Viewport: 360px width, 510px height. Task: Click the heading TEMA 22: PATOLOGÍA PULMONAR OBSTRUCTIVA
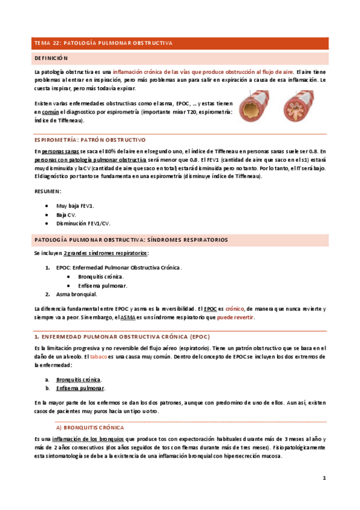click(x=103, y=43)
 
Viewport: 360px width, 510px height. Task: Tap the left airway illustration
click(x=257, y=108)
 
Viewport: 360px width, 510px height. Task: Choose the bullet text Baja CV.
click(x=66, y=214)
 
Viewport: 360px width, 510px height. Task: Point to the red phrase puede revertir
click(x=235, y=317)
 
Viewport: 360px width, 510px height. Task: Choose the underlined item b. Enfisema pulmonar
click(x=79, y=389)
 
